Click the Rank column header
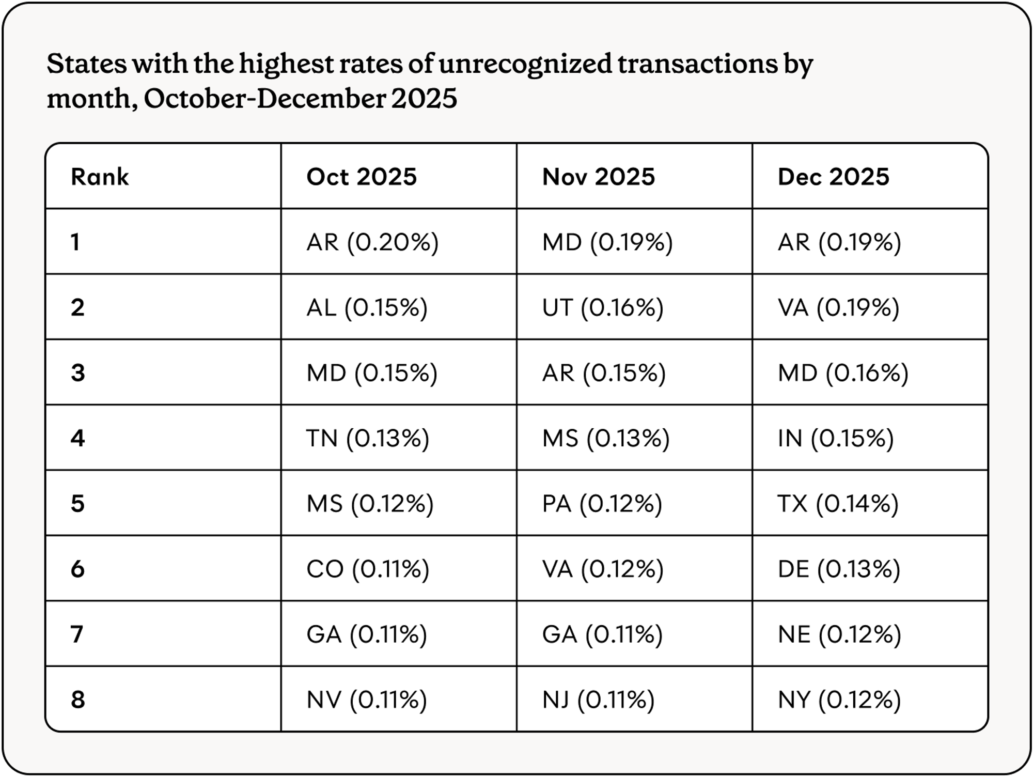[100, 177]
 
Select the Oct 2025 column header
[362, 177]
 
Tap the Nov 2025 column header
[598, 177]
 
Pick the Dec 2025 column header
[833, 177]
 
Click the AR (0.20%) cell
[372, 242]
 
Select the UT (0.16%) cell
[603, 307]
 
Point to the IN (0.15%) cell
[836, 438]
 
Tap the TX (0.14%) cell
[838, 503]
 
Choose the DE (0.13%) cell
[839, 569]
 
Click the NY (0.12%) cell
[839, 700]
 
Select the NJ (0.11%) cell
[598, 700]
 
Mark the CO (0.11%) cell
[368, 569]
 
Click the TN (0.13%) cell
[368, 438]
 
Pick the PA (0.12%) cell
[602, 503]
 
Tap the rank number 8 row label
[77, 700]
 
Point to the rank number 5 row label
[77, 503]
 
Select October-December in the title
[264, 98]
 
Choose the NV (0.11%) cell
[367, 700]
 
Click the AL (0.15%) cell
[367, 307]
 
